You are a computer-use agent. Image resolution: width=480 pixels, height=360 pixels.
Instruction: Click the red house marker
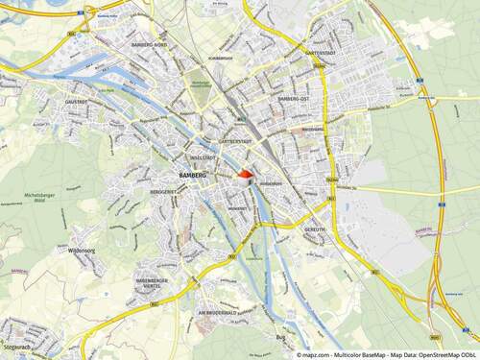coord(245,176)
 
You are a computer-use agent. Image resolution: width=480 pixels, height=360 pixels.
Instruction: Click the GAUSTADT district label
coord(77,101)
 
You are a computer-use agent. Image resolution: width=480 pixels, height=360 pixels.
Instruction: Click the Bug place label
coord(281,337)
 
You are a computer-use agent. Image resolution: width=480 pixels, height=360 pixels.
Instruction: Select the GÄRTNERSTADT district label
coord(235,141)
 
